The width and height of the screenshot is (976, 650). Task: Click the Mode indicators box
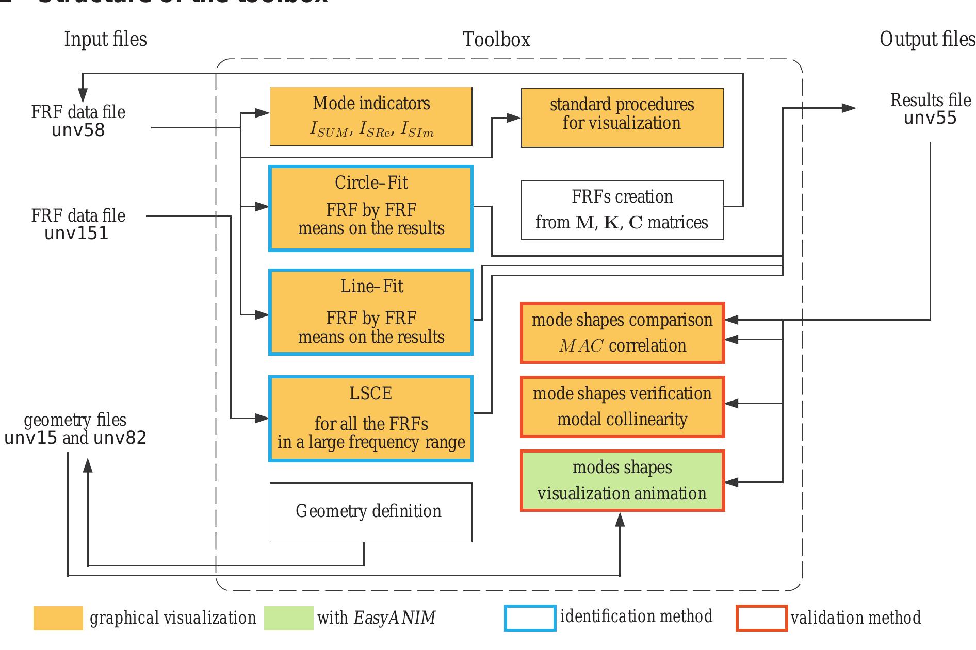point(370,116)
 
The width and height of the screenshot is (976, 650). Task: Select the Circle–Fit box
point(370,208)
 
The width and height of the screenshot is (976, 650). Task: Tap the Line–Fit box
point(370,312)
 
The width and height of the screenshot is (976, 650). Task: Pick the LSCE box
point(370,419)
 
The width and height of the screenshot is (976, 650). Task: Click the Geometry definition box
point(370,512)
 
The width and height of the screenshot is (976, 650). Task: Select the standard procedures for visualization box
point(622,118)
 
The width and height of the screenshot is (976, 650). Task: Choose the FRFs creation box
point(622,210)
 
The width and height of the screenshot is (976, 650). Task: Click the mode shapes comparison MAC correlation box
point(622,333)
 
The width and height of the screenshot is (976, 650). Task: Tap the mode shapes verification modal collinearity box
point(622,407)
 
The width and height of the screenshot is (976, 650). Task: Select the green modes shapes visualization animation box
point(622,480)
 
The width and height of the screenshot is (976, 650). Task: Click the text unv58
point(78,130)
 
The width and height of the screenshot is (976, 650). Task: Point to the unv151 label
point(76,234)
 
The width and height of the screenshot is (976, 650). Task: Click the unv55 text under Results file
point(930,118)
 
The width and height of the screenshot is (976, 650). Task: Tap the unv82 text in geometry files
point(120,438)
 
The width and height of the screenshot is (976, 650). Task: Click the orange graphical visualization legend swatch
point(58,618)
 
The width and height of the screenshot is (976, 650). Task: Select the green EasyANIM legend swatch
point(288,618)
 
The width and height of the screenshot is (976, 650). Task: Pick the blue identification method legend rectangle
point(530,618)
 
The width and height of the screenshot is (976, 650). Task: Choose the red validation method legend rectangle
point(761,618)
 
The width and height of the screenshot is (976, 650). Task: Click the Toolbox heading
point(496,40)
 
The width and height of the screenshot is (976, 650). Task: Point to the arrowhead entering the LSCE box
point(263,419)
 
